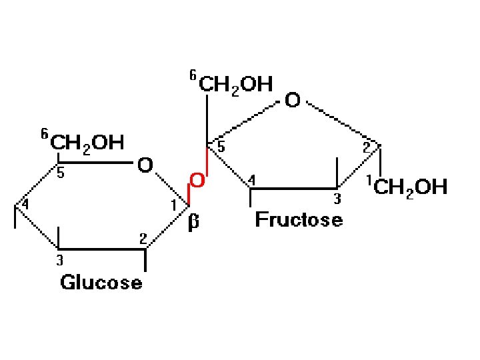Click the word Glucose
point(101,283)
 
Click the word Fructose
point(299,219)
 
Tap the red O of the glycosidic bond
point(197,180)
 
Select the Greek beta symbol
point(193,222)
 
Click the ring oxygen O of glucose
point(145,165)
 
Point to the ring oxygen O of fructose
point(293,101)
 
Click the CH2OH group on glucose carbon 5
point(87,142)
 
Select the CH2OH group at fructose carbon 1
point(410,187)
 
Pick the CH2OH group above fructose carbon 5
point(236,84)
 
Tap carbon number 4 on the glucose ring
point(25,205)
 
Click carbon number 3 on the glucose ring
point(59,261)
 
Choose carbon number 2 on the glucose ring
point(143,238)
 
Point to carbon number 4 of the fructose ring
point(251,181)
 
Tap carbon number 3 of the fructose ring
point(337,199)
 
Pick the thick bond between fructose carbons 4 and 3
point(293,189)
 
